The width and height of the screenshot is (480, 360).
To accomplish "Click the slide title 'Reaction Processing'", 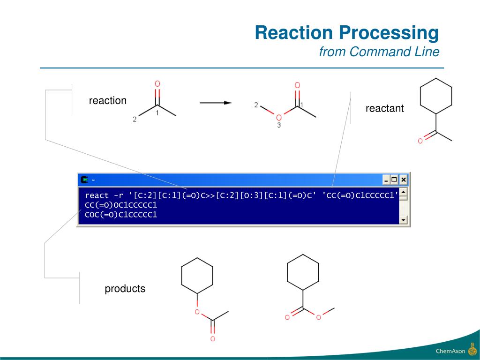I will (347, 33).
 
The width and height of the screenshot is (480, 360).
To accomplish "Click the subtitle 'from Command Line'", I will (379, 52).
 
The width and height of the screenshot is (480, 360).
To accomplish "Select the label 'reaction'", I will (108, 101).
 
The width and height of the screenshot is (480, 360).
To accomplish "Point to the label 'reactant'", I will (384, 109).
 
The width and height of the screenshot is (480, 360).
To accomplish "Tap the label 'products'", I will (125, 289).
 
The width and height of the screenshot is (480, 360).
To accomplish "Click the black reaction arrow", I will (216, 103).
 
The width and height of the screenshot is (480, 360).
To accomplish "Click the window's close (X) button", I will (403, 180).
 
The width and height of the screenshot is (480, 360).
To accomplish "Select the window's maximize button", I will (394, 180).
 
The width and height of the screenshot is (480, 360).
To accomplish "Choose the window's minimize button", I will (386, 180).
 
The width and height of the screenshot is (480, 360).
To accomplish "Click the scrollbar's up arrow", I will (403, 192).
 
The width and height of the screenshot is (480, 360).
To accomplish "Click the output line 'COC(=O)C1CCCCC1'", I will (120, 215).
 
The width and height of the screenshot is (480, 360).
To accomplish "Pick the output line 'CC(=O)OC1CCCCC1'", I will (120, 205).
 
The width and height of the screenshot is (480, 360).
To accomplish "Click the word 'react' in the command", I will (97, 195).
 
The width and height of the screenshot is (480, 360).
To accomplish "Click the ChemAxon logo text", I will (450, 351).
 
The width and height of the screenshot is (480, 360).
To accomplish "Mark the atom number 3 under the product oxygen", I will (279, 126).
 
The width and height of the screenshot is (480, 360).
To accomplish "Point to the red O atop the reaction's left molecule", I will (157, 84).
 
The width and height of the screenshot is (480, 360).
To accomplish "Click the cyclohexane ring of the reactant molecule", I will (436, 96).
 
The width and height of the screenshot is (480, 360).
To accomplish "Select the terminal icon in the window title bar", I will (84, 180).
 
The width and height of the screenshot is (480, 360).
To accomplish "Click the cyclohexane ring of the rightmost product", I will (303, 272).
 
